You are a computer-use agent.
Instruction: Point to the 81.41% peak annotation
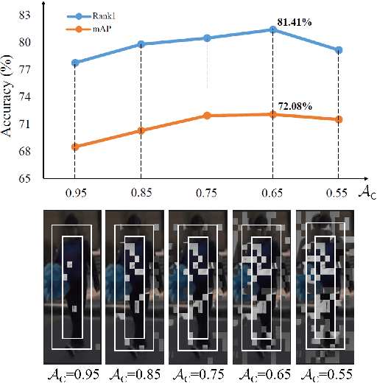click(x=295, y=23)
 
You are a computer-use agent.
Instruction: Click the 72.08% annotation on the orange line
click(x=295, y=107)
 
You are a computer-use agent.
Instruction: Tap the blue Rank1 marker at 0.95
click(x=74, y=63)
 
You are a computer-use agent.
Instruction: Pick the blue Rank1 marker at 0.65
click(x=272, y=29)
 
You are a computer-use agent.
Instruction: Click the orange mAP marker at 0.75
click(x=207, y=116)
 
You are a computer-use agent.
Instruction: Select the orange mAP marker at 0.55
click(x=338, y=119)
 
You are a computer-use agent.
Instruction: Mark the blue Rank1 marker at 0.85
click(x=141, y=44)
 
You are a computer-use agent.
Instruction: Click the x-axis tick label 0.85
click(x=141, y=193)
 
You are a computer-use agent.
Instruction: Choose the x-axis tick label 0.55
click(x=338, y=193)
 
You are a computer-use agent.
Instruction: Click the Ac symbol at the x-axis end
click(x=364, y=193)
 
